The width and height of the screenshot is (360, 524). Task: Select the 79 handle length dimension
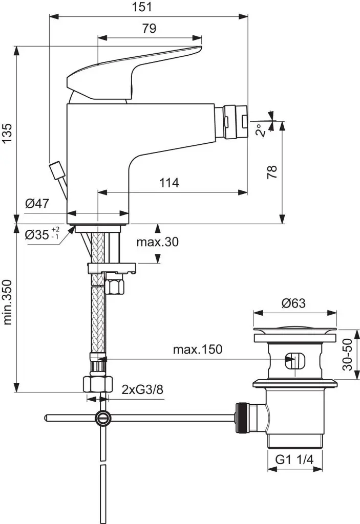(x=149, y=29)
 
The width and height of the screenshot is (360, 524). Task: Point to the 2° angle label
(x=261, y=131)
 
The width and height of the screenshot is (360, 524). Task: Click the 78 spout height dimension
(x=272, y=171)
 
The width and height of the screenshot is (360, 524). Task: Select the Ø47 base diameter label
(x=37, y=204)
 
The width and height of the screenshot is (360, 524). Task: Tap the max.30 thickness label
(x=157, y=243)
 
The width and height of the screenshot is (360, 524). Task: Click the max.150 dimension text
(x=197, y=350)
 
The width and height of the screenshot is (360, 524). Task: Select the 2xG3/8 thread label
(x=142, y=389)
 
